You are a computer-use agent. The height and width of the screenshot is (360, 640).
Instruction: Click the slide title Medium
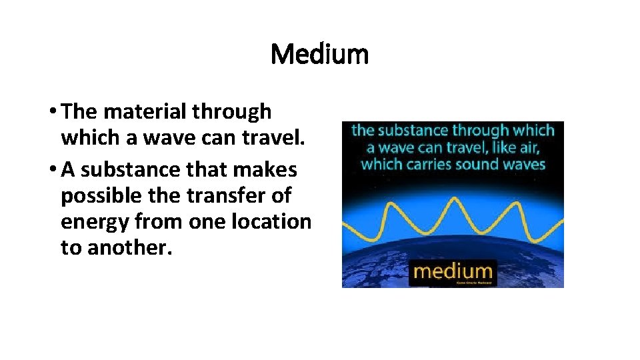319,54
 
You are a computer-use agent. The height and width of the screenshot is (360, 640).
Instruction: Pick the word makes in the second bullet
264,170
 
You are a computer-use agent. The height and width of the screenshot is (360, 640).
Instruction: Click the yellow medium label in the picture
453,271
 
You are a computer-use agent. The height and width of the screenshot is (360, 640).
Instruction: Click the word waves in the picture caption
523,164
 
